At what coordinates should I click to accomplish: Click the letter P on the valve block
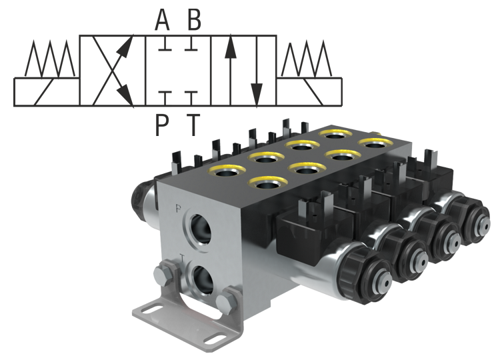tap(178, 207)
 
